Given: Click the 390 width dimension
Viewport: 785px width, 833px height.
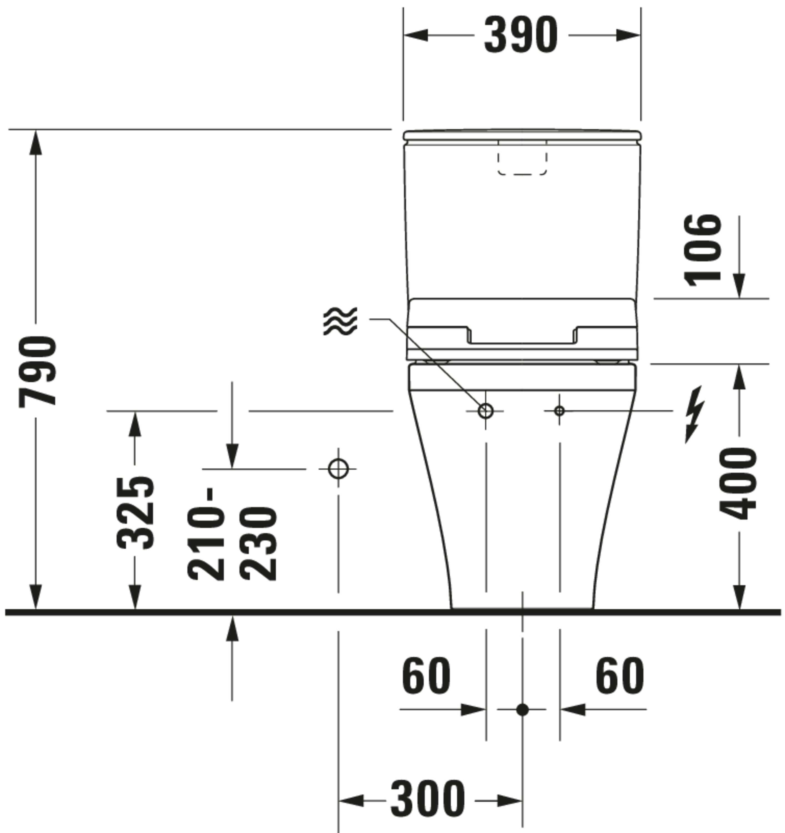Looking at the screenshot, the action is [521, 35].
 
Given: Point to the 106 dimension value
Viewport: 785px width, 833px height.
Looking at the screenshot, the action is [703, 250].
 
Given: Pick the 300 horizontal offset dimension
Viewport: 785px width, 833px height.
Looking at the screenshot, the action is [428, 799].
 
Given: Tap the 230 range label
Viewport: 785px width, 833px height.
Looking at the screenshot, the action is [258, 544].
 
